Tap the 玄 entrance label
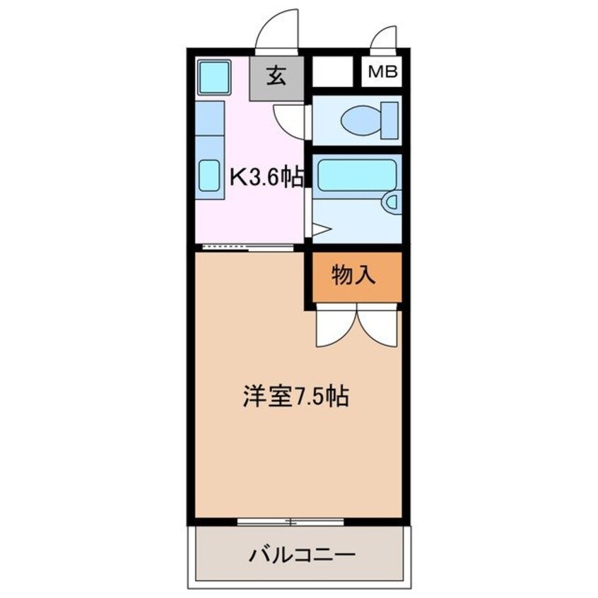277,74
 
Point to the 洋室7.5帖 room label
296,397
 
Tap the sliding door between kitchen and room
247,247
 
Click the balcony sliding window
290,522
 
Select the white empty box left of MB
332,72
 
